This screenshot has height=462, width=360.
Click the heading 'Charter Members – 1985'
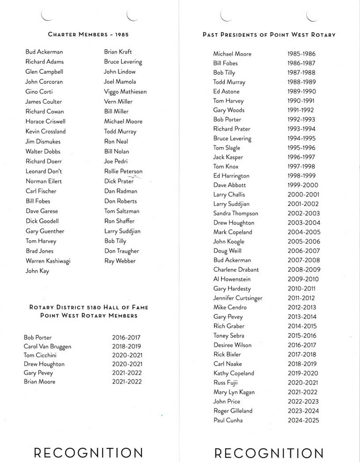click(88, 34)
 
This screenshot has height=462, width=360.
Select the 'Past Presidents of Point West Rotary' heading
click(269, 35)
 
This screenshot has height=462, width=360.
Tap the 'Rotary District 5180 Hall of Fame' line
click(89, 307)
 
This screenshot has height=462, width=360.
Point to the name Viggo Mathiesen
click(125, 92)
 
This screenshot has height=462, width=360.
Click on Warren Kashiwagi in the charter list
click(48, 261)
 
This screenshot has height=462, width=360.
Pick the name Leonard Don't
click(44, 171)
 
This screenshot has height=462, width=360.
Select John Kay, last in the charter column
click(37, 271)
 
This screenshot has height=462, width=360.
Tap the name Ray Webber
click(120, 261)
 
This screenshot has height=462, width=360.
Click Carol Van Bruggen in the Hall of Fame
click(47, 346)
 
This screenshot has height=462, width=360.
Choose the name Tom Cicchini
click(40, 355)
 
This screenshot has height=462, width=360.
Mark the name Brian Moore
click(39, 382)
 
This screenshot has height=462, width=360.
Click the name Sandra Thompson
click(236, 214)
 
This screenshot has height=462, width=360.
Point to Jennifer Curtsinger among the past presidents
click(238, 298)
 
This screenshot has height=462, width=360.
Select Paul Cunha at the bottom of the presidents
click(228, 420)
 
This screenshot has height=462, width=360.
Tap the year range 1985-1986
click(301, 54)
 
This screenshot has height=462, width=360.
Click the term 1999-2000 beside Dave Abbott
click(303, 185)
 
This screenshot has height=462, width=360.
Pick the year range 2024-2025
click(303, 420)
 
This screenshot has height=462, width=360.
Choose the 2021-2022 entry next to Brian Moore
click(127, 382)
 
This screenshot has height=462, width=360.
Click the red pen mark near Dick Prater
click(135, 178)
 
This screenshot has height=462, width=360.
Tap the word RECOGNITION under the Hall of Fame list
click(88, 453)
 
